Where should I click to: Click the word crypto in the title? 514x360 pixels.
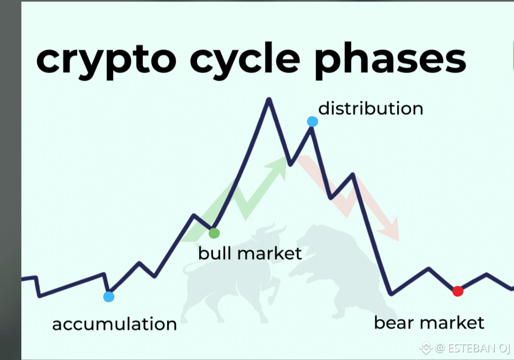point(106,61)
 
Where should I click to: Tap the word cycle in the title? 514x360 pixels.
point(245,60)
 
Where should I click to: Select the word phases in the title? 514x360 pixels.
point(391,61)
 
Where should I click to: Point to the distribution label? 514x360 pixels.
point(371,108)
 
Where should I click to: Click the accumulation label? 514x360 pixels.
point(114,324)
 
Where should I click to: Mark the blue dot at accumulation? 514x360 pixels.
point(109,297)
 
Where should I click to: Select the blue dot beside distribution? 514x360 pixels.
point(312,122)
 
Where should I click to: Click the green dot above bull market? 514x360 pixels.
point(214,233)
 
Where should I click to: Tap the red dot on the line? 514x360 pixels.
point(458,291)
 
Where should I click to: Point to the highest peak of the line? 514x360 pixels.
point(269,99)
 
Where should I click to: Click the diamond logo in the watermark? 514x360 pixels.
point(426,348)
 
